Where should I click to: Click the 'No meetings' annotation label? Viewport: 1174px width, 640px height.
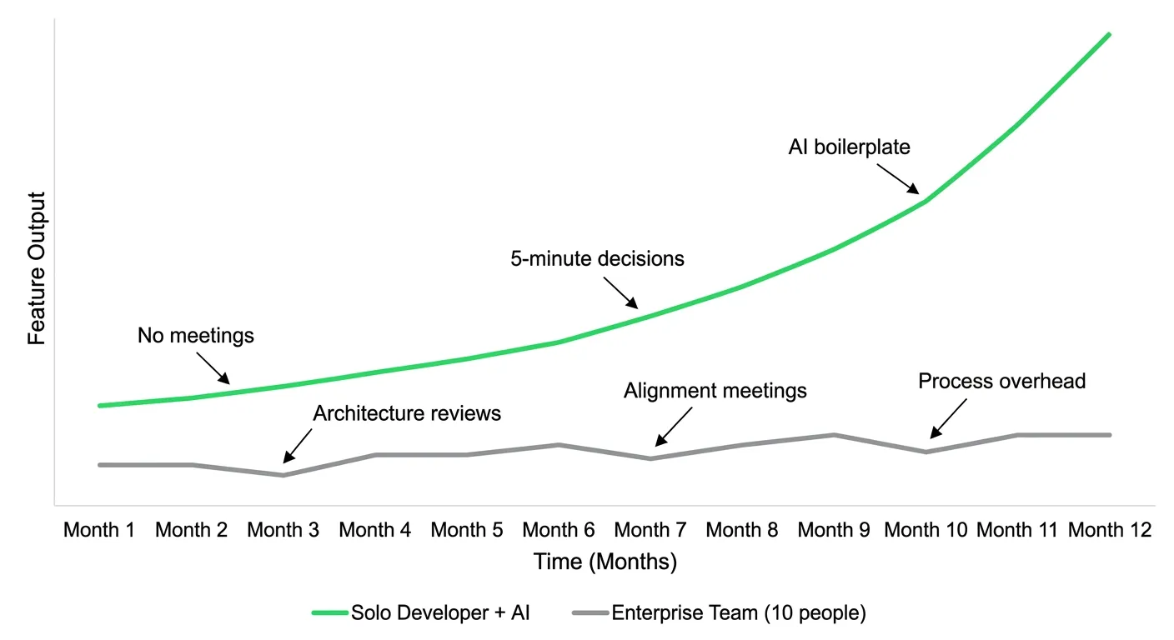click(x=195, y=337)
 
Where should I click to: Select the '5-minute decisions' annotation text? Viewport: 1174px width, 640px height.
click(x=597, y=259)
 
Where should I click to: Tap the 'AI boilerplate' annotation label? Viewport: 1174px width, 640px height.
click(x=849, y=147)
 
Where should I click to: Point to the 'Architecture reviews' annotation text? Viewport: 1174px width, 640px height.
click(x=407, y=413)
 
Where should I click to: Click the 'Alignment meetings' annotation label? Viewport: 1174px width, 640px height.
click(x=715, y=391)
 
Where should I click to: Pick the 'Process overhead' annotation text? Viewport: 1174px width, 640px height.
click(x=1001, y=382)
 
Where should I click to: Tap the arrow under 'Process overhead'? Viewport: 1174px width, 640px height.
click(x=948, y=419)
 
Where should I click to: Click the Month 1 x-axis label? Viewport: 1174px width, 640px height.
click(x=99, y=530)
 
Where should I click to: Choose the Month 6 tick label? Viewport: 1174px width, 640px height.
click(x=559, y=530)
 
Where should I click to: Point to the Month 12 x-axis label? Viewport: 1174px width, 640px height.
click(x=1110, y=530)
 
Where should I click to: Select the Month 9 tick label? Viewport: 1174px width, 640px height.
click(x=834, y=530)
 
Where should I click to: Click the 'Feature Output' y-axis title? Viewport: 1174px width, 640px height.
click(x=37, y=268)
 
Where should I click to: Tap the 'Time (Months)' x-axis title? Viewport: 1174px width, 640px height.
click(x=605, y=562)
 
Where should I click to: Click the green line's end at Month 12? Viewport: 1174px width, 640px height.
click(x=1110, y=34)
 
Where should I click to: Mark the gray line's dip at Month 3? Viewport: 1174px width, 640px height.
click(x=283, y=475)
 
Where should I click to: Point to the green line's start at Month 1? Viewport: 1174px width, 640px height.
click(x=100, y=406)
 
